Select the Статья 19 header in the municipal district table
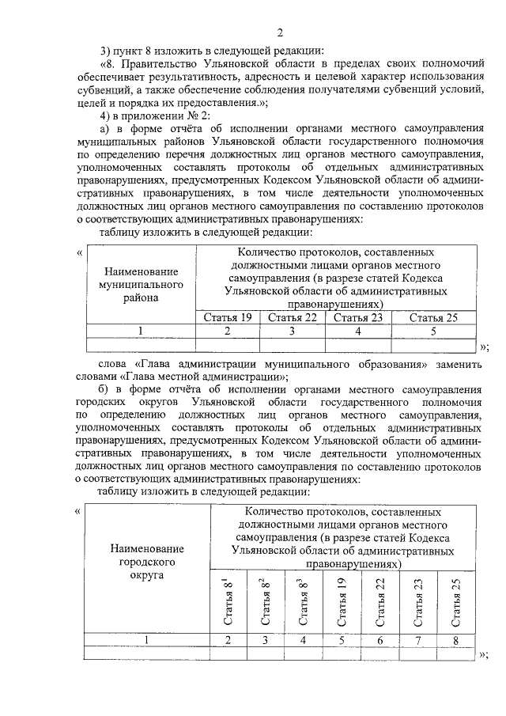tap(227, 317)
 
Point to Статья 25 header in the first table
tap(433, 317)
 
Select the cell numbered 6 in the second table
tap(380, 639)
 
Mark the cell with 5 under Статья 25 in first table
tap(433, 331)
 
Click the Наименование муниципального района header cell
tap(140, 284)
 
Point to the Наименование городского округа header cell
tap(147, 561)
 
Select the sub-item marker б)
tap(104, 389)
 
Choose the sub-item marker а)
tap(104, 129)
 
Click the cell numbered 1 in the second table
tap(147, 639)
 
